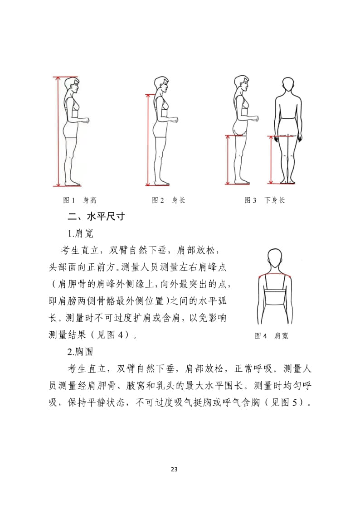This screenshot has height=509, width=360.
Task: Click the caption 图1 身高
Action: click(x=79, y=200)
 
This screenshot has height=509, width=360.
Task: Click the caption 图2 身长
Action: click(x=168, y=200)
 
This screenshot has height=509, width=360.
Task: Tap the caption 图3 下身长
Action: click(x=265, y=200)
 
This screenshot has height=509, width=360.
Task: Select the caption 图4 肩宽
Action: click(x=272, y=336)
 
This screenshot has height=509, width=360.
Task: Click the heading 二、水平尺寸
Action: click(x=96, y=217)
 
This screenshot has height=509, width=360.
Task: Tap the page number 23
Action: click(x=174, y=469)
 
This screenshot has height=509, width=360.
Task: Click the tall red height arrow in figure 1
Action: click(x=58, y=131)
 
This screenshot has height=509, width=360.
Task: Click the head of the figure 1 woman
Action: click(x=72, y=85)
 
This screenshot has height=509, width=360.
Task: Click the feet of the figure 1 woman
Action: click(x=73, y=183)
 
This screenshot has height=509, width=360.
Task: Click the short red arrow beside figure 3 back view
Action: click(x=271, y=160)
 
